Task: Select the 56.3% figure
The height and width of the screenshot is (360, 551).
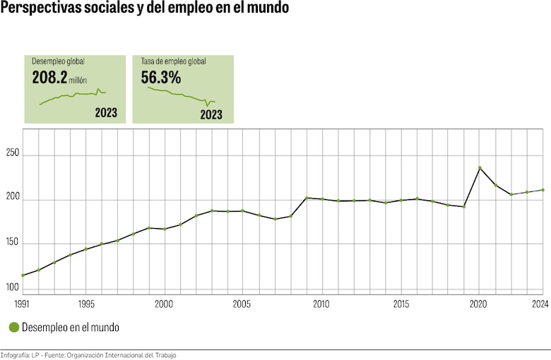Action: (161, 78)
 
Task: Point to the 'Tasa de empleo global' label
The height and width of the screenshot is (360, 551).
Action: (173, 61)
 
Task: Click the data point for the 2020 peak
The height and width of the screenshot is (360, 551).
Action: (480, 168)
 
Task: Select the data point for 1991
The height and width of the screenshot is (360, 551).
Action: (23, 275)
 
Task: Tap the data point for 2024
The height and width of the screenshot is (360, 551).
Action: (542, 190)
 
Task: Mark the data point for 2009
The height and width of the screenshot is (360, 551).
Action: (307, 198)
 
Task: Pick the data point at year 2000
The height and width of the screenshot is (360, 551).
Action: (165, 229)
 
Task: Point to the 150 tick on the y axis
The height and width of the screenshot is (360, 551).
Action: (11, 243)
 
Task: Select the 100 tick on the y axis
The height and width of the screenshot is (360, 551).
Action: (11, 287)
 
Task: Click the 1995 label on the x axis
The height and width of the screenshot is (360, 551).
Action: (85, 304)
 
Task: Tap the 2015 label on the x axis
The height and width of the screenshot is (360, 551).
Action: (401, 304)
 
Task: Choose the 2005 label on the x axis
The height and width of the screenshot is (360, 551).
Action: (243, 304)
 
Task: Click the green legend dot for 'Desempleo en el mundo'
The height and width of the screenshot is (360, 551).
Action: (13, 328)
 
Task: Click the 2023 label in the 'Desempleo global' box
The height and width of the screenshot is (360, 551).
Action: (106, 113)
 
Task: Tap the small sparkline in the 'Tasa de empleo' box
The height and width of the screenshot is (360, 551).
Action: (182, 95)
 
